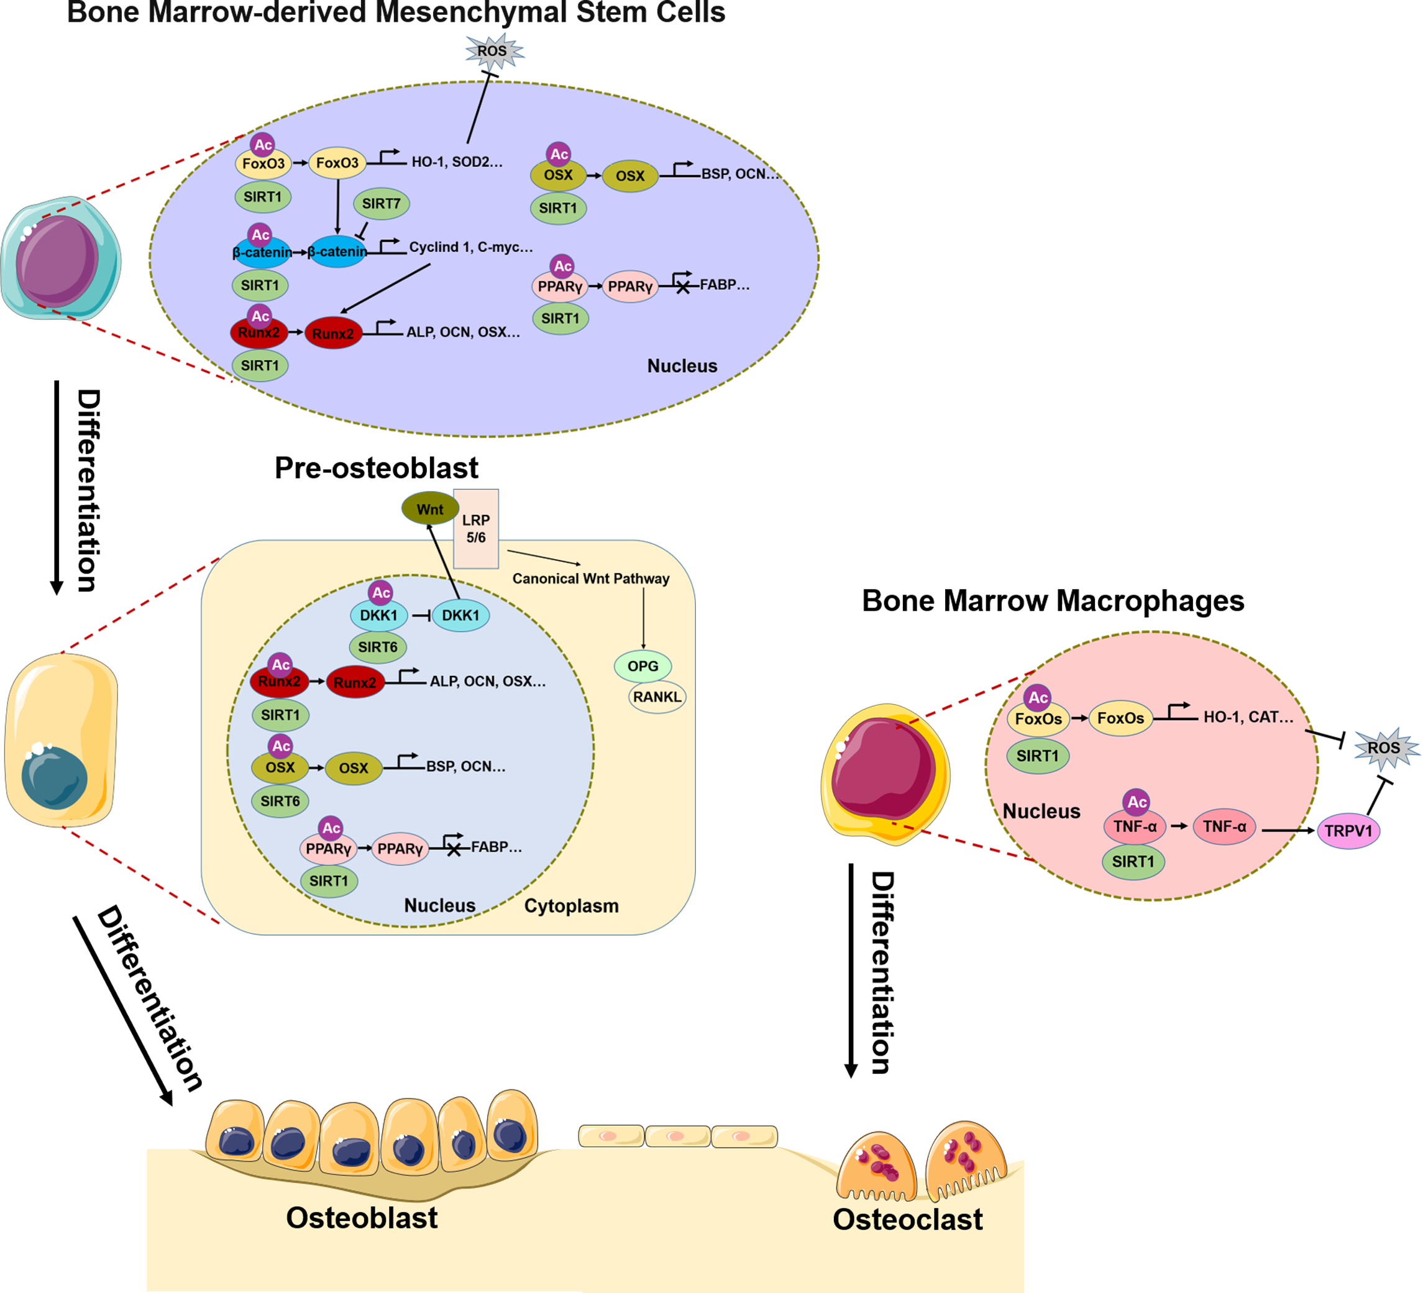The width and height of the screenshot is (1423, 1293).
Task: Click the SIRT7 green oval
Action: [381, 204]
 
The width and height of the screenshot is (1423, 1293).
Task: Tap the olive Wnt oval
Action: [430, 509]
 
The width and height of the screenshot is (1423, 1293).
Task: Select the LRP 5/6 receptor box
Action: [476, 529]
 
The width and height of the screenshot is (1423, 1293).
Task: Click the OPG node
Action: [643, 666]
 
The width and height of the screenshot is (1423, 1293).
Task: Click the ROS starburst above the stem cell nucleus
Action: [493, 52]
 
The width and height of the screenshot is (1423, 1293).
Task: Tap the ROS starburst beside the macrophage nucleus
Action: [1383, 748]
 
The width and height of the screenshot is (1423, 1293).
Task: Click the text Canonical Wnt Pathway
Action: [591, 578]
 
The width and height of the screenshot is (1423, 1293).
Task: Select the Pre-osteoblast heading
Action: [376, 468]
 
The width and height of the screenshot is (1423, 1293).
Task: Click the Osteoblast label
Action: [362, 1218]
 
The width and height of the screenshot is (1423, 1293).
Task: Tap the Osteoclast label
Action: [907, 1220]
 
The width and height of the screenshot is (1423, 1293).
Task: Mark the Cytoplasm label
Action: [571, 907]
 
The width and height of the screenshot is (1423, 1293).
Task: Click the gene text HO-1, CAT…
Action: [1248, 717]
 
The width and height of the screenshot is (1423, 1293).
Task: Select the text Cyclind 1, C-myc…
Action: [471, 247]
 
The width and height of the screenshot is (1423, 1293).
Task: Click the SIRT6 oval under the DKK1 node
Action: [378, 647]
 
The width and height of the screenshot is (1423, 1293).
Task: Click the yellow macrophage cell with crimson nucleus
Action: [885, 773]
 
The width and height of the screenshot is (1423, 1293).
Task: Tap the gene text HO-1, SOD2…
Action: [457, 162]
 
